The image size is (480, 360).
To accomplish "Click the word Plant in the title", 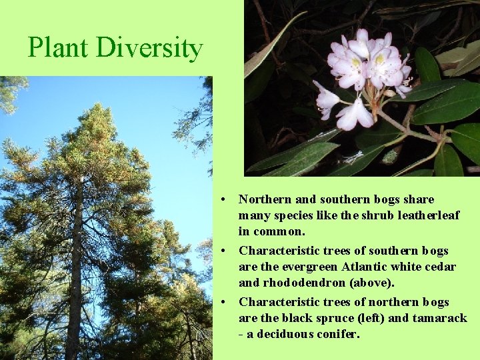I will pyautogui.click(x=59, y=48).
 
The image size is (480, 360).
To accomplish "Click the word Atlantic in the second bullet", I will pyautogui.click(x=365, y=267).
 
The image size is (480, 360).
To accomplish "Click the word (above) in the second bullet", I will pyautogui.click(x=374, y=283).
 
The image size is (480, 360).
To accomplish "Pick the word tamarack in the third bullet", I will pyautogui.click(x=440, y=318).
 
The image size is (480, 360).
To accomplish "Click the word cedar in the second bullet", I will pyautogui.click(x=441, y=267).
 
